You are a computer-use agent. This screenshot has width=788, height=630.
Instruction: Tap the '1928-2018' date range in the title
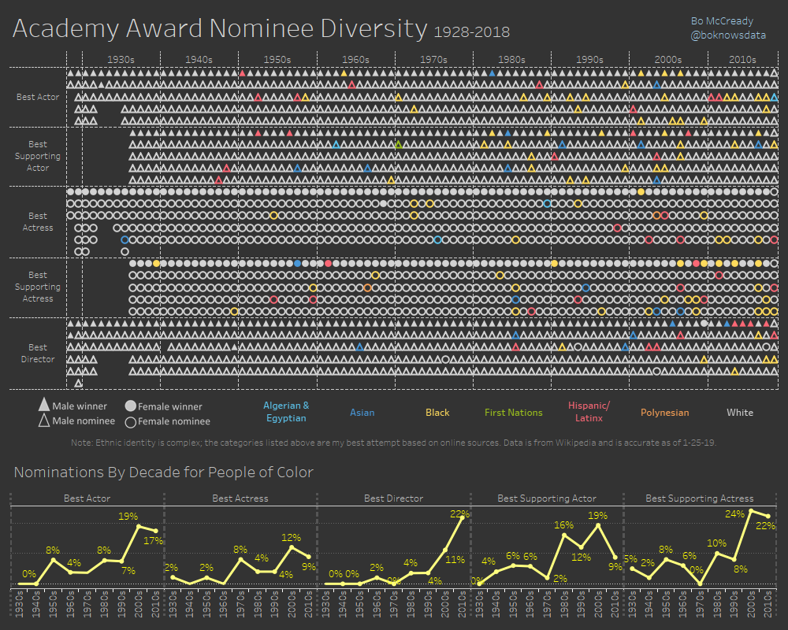[471, 32]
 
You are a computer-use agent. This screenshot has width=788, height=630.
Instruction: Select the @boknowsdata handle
[721, 35]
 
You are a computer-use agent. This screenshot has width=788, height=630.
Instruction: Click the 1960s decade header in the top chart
[355, 59]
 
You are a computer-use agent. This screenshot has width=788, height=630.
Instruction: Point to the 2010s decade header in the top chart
[742, 59]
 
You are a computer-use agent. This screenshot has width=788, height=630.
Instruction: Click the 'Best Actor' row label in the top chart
[38, 97]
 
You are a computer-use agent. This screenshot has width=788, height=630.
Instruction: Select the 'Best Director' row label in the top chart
[38, 353]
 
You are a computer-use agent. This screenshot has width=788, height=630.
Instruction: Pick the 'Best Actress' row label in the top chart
[38, 221]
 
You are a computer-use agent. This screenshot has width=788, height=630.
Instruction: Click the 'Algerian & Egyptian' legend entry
[285, 412]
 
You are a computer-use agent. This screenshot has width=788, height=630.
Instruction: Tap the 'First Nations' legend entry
[513, 413]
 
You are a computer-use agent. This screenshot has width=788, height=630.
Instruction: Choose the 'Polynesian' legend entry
[664, 413]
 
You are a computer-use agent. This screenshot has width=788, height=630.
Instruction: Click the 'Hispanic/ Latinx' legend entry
[589, 412]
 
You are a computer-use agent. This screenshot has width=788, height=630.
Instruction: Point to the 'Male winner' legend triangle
[44, 406]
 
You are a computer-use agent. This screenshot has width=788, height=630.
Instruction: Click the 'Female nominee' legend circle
[130, 421]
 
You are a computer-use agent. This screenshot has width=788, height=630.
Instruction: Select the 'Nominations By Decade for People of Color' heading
[163, 472]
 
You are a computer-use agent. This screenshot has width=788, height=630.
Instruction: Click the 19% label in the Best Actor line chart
[128, 517]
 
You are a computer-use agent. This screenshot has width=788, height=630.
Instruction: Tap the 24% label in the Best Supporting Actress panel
[735, 513]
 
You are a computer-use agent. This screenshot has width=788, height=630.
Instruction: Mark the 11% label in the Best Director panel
[455, 560]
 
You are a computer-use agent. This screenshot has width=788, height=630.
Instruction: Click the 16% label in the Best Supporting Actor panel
[563, 524]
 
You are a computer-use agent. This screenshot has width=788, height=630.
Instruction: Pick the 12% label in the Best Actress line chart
[292, 537]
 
